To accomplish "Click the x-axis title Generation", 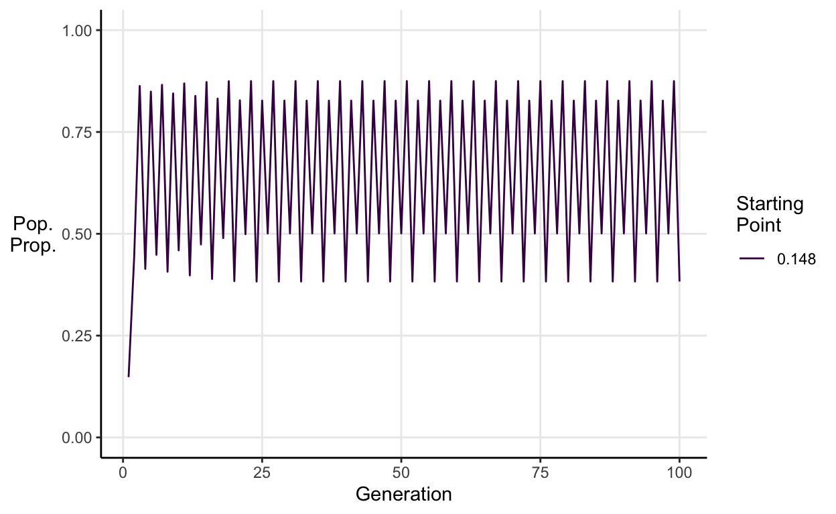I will coord(403,495).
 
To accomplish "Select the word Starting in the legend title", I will coord(770,204).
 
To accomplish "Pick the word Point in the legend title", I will coord(759,226).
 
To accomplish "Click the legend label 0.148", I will coord(796,260).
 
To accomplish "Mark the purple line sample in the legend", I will coord(753,260).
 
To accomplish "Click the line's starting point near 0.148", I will coord(129,377).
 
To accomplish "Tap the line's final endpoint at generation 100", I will coord(679,281).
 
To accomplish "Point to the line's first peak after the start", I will coord(139,86).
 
